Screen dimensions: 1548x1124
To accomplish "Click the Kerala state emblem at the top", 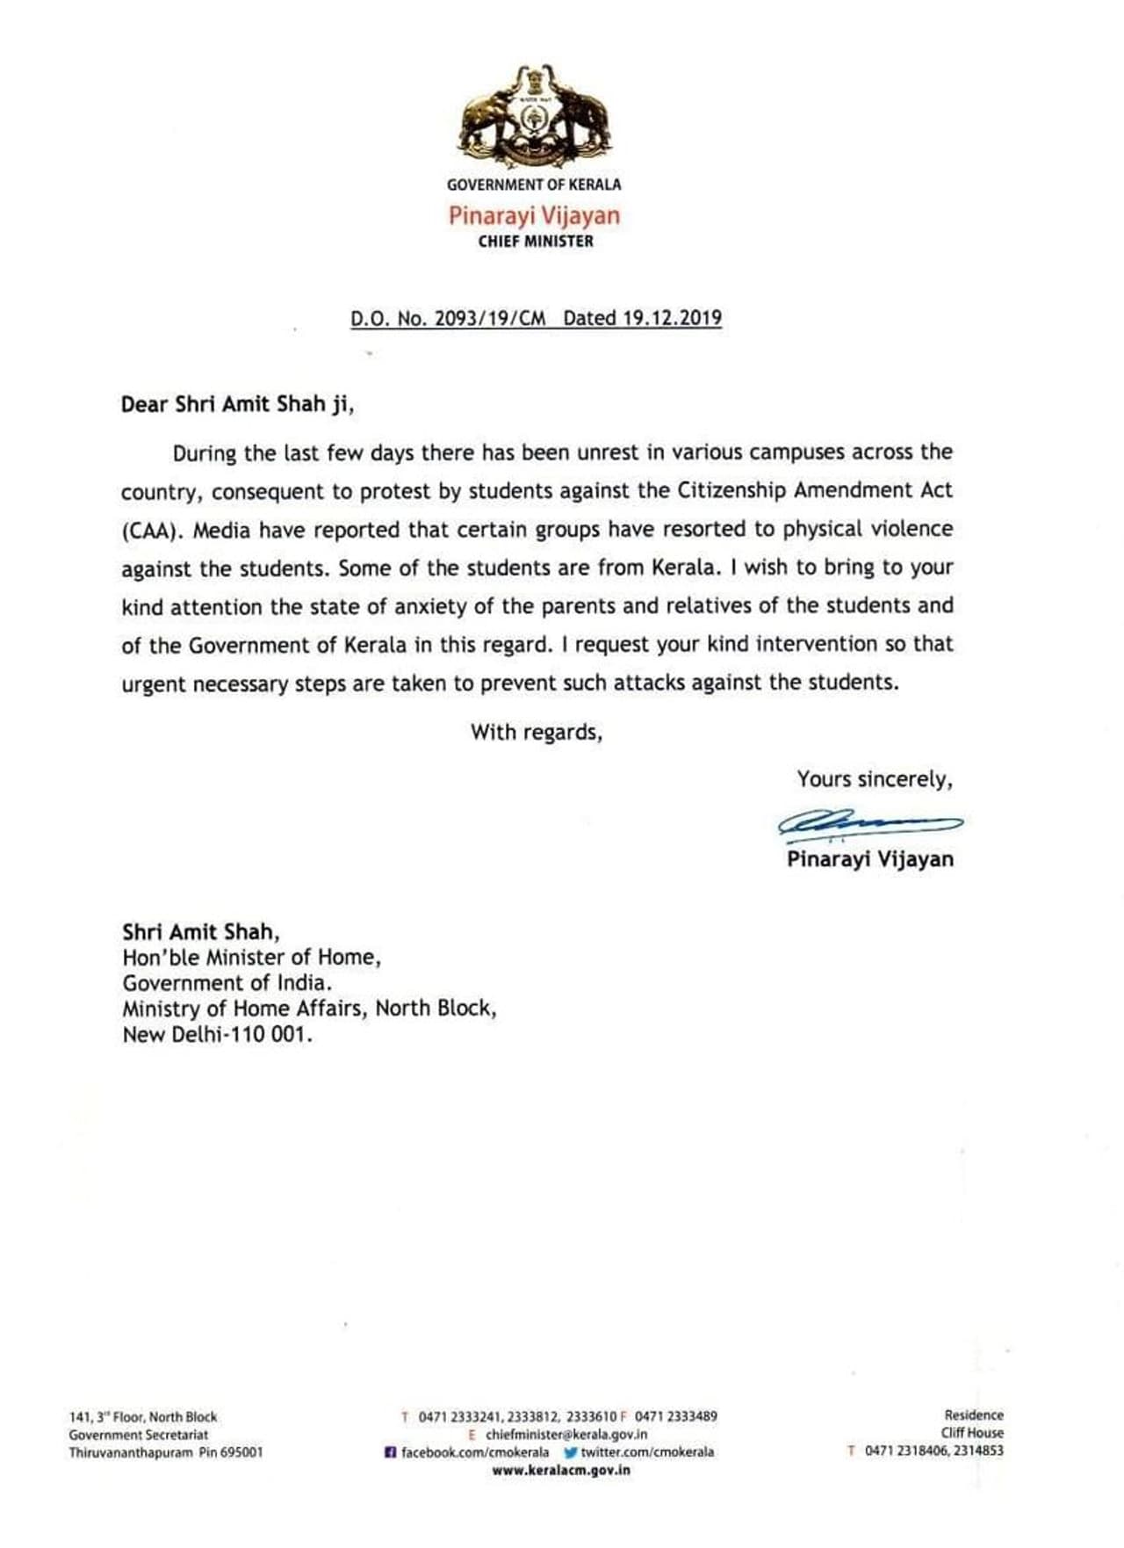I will pyautogui.click(x=535, y=116).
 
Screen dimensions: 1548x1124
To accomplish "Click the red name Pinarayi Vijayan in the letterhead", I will pyautogui.click(x=534, y=215).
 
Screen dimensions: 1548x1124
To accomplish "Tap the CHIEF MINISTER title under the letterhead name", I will pyautogui.click(x=536, y=242).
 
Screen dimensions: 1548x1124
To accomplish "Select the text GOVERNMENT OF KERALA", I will pyautogui.click(x=534, y=184).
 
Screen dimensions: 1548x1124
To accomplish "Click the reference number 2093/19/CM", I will pyautogui.click(x=496, y=318).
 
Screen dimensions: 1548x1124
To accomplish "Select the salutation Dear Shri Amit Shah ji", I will pyautogui.click(x=237, y=404).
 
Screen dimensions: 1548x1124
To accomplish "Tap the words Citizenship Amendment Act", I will pyautogui.click(x=814, y=490).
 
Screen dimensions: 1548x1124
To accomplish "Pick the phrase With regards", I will pyautogui.click(x=536, y=732).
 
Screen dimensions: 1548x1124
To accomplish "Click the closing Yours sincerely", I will pyautogui.click(x=874, y=779).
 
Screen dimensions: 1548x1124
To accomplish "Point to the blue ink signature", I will pyautogui.click(x=868, y=823).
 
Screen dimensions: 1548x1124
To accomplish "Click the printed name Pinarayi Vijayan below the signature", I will pyautogui.click(x=869, y=859).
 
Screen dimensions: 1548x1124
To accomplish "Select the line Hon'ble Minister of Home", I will pyautogui.click(x=252, y=958).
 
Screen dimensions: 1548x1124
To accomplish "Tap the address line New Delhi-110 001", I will pyautogui.click(x=217, y=1034).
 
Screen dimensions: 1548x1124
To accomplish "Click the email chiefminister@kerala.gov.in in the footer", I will pyautogui.click(x=566, y=1434).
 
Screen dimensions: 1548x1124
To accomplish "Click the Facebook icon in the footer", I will pyautogui.click(x=390, y=1452).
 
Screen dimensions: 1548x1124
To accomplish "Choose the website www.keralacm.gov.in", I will pyautogui.click(x=561, y=1470).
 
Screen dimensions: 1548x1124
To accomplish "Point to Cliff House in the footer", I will pyautogui.click(x=972, y=1433).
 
